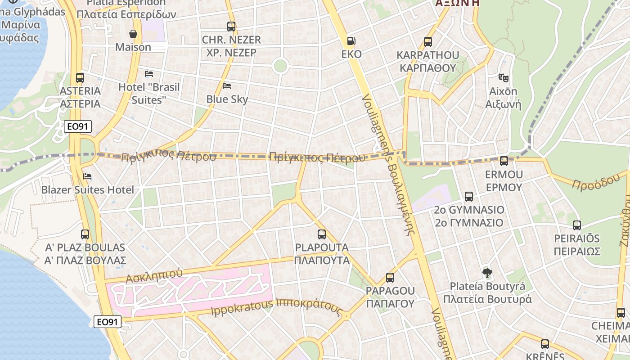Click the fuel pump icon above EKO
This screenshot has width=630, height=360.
[x=351, y=41]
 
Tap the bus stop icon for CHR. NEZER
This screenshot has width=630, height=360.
[x=231, y=27]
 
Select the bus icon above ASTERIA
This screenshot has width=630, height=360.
[x=80, y=78]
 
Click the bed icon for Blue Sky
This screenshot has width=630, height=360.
[x=227, y=85]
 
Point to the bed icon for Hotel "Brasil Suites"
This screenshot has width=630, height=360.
[x=149, y=73]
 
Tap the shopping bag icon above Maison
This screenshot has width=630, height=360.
[x=133, y=34]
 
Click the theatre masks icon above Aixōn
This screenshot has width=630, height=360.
[x=504, y=78]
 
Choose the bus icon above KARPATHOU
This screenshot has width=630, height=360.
[x=428, y=42]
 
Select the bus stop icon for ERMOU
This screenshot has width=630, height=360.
[x=504, y=161]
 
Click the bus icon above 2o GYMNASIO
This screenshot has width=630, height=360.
[x=469, y=197]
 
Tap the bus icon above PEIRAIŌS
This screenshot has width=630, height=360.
[x=577, y=225]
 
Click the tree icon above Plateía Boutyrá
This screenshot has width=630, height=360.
[x=487, y=273]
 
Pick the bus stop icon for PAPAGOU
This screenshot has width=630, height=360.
[x=390, y=278]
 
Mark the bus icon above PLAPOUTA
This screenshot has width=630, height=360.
[x=322, y=234]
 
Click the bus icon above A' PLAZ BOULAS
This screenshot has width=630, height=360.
[x=85, y=234]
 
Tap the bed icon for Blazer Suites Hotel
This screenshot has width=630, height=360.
[x=87, y=176]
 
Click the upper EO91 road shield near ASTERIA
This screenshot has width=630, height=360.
[x=78, y=126]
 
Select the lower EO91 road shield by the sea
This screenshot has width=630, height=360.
[x=108, y=322]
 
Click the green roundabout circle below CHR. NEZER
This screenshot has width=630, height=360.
[x=280, y=66]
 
